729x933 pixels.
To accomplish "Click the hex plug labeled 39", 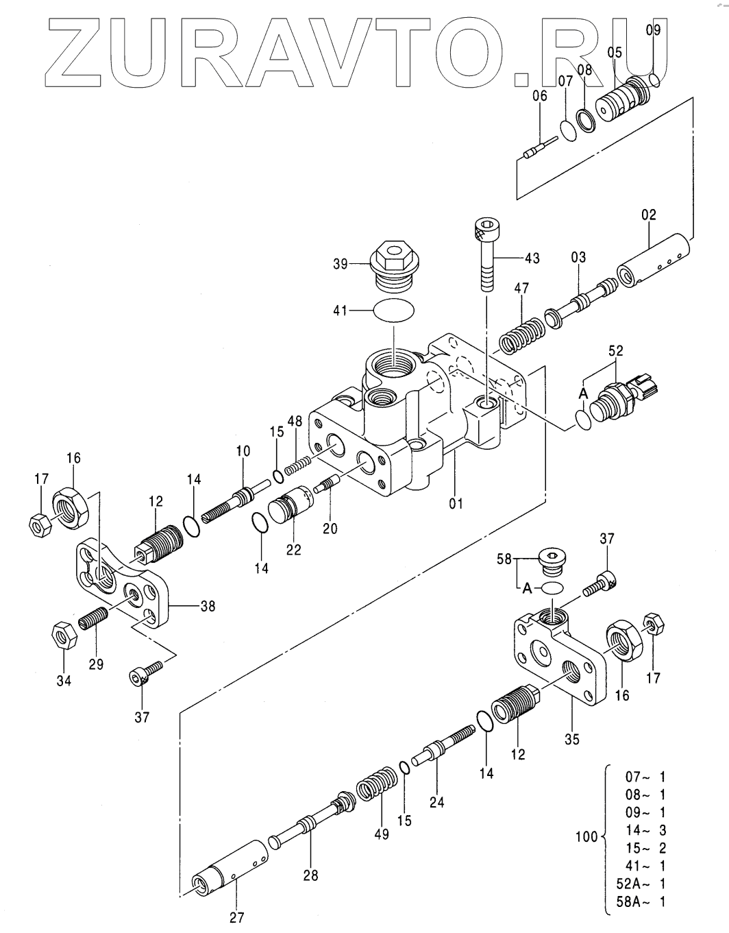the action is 395,265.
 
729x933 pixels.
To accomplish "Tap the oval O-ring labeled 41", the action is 394,309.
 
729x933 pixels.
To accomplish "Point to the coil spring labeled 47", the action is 522,336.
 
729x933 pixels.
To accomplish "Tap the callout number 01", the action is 456,503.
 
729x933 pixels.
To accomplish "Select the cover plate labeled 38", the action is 122,584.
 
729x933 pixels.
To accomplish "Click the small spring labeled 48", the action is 298,465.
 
